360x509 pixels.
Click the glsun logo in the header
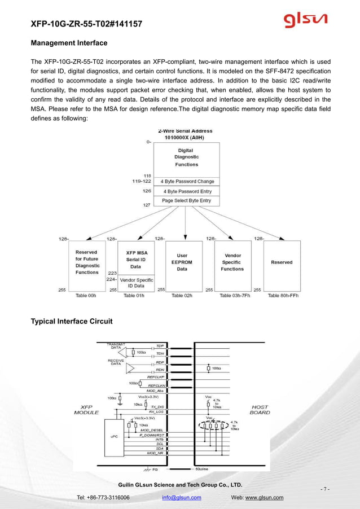(x=305, y=21)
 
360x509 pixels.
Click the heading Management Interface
(x=69, y=43)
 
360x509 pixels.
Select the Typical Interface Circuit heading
(x=71, y=322)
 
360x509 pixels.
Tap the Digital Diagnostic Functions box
(x=186, y=157)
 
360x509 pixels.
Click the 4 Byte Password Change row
(x=187, y=182)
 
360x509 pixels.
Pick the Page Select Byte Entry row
(x=186, y=200)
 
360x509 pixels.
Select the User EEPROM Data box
(x=182, y=262)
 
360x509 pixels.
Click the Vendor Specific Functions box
(x=231, y=262)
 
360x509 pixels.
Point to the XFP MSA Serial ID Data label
(x=136, y=260)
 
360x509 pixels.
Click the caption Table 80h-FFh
(x=283, y=295)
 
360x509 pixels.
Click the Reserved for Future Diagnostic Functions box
(x=87, y=262)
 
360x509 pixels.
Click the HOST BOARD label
(x=260, y=410)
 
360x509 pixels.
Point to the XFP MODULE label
(x=86, y=410)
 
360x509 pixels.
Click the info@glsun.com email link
(x=181, y=498)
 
